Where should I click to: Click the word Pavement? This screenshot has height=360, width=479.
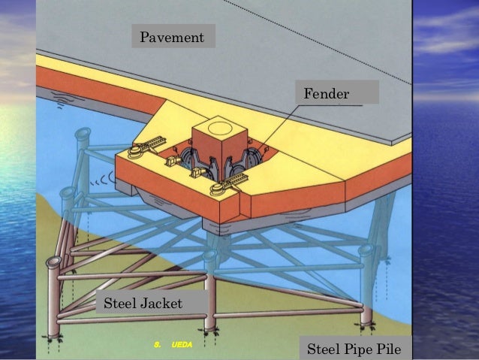[173, 37]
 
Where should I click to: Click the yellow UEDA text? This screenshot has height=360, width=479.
[182, 344]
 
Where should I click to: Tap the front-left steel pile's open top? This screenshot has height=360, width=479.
[53, 263]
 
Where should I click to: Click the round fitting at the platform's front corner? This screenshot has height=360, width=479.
[217, 188]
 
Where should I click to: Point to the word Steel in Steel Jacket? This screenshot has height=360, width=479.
[119, 304]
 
